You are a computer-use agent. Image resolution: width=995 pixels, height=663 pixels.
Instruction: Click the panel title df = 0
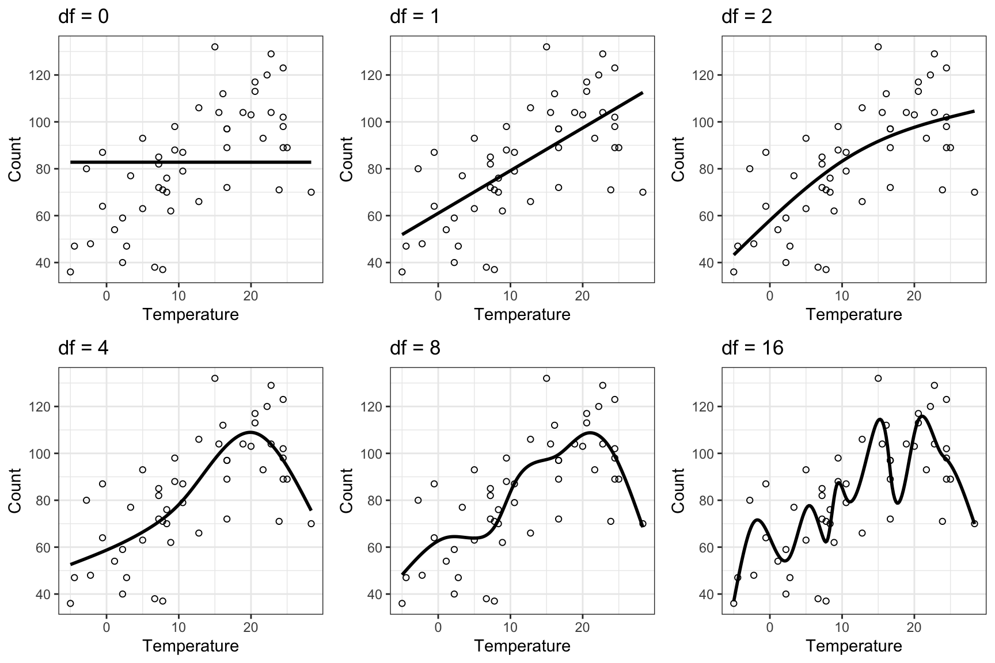coord(83,17)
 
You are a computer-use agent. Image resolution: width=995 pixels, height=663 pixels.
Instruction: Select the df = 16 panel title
coord(752,348)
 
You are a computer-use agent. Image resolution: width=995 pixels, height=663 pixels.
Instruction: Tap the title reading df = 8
coord(415,348)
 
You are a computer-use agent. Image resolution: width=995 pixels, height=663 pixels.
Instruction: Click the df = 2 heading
coord(747,17)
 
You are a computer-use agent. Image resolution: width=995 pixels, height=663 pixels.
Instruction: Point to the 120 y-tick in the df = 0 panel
coord(42,75)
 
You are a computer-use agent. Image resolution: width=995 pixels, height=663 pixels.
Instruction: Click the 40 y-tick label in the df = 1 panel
coord(378,263)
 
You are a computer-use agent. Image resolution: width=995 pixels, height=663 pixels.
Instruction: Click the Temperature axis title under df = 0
coord(191,315)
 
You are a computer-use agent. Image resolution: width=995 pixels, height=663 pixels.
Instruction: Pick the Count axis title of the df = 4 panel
coord(15,490)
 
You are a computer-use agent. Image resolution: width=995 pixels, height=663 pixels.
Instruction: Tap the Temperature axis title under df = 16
coord(854,646)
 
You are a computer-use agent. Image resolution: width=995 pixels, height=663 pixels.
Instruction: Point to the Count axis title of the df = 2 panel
coord(678,159)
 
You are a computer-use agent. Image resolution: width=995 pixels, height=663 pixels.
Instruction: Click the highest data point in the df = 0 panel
coord(215,47)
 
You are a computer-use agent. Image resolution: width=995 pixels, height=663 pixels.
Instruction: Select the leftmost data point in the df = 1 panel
coord(402,272)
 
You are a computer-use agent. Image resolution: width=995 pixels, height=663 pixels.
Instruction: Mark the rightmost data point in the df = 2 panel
coord(974,192)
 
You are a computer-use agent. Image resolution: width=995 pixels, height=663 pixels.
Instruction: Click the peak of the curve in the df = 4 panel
coord(251,432)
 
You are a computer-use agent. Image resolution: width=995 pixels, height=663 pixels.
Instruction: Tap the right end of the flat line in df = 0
coord(311,162)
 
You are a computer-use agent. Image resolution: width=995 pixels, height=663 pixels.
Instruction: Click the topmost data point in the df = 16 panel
coord(878,379)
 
